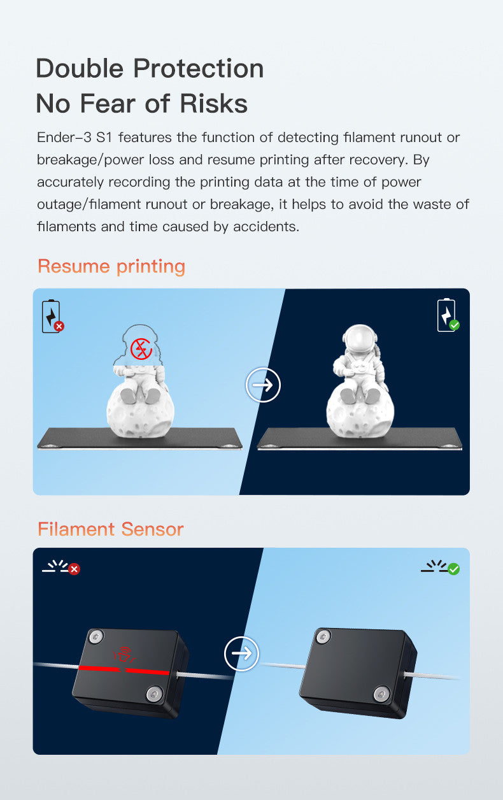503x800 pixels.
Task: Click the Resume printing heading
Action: tap(111, 266)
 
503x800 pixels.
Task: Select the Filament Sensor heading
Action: tap(110, 529)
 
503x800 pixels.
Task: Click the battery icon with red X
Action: tap(52, 317)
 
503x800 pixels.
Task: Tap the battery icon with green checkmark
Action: tap(448, 315)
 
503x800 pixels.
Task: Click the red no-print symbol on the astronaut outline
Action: tap(140, 348)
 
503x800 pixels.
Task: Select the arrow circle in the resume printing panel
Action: tap(263, 385)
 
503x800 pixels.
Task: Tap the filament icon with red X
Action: tap(61, 567)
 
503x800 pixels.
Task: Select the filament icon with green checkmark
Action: tap(441, 567)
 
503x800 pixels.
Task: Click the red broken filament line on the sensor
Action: tap(124, 670)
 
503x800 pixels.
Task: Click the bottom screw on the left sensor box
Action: tap(155, 692)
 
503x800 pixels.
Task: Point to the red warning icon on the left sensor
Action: tap(122, 654)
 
